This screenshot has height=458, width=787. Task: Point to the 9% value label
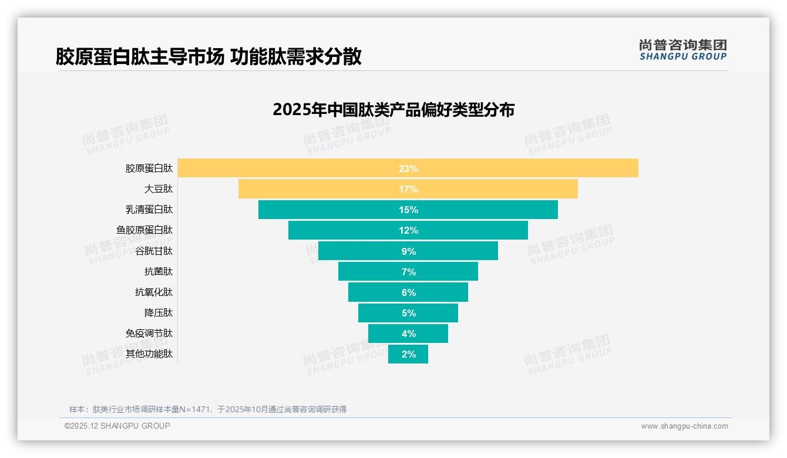408,251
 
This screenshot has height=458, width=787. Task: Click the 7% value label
408,272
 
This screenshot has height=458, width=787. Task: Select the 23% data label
408,169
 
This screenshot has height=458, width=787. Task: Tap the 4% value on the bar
408,334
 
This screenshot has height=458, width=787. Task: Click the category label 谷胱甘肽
154,251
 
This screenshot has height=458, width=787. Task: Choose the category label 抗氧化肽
154,292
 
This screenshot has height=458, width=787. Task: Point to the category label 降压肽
159,312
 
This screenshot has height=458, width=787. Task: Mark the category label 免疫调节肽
149,333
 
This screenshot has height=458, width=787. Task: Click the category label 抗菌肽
159,271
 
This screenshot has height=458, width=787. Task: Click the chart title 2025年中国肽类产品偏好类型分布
393,110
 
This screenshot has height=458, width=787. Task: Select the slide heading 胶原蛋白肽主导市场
140,56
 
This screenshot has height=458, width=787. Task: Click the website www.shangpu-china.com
684,426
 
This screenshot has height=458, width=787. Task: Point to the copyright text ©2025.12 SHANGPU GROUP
117,426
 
